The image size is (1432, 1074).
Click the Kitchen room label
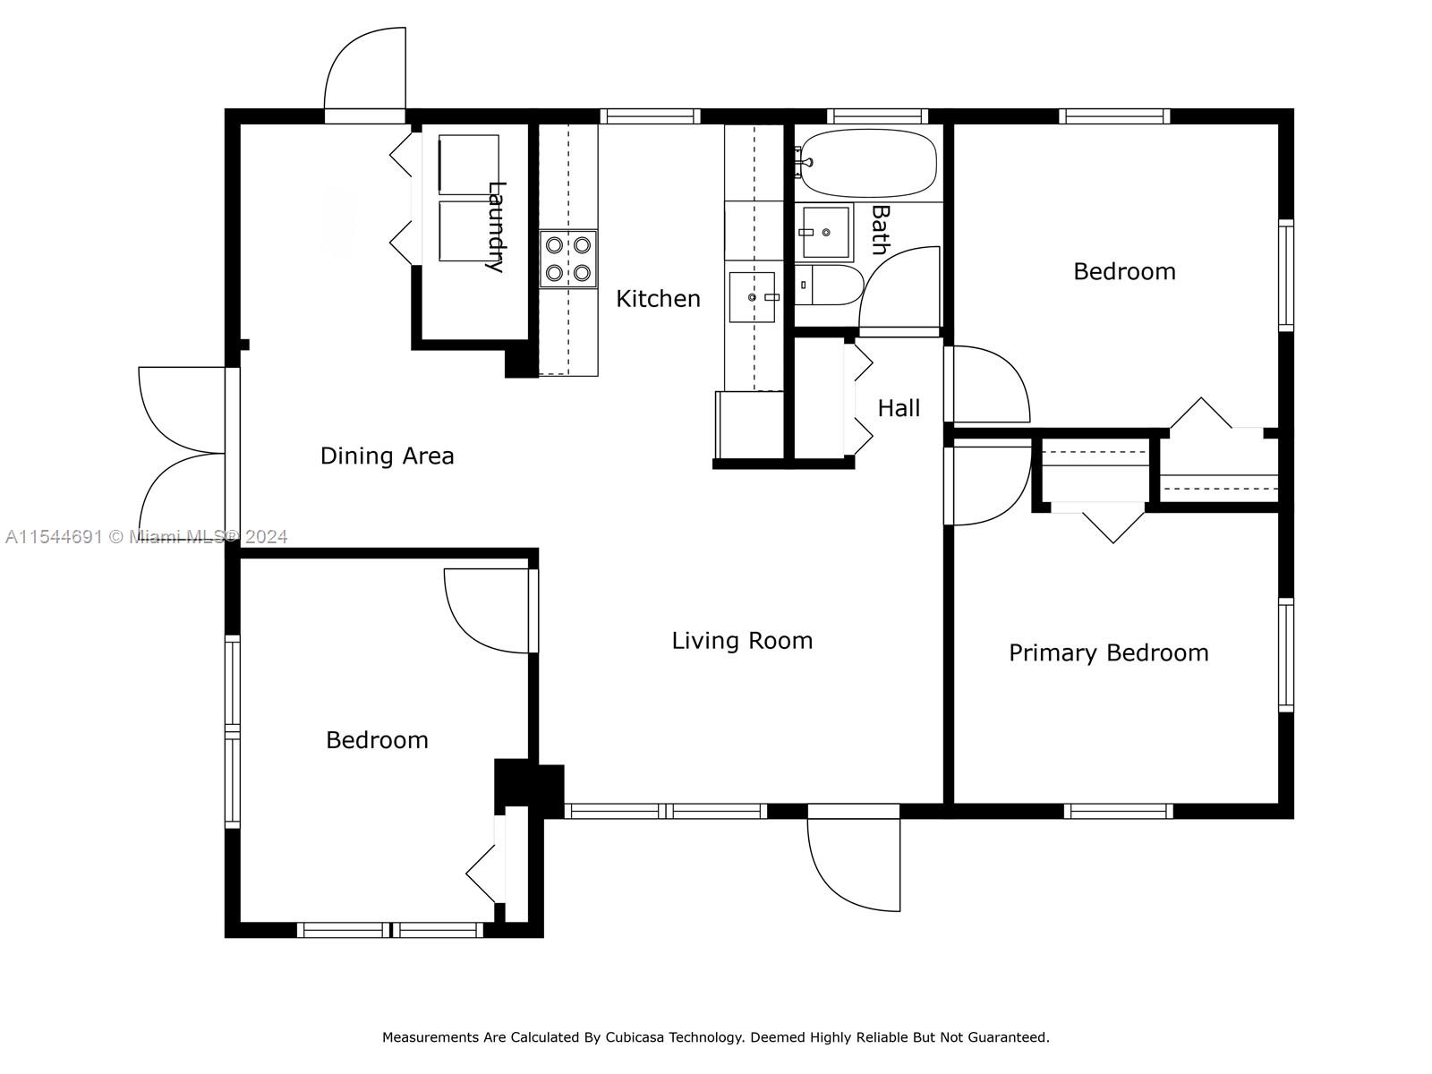pos(658,299)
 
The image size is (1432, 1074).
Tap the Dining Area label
pos(387,456)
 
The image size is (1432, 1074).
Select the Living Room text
pos(743,641)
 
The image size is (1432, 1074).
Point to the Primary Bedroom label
pos(1108,653)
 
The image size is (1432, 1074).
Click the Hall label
pos(899,408)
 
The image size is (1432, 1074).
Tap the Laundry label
pos(497,227)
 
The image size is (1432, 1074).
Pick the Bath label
pos(880,230)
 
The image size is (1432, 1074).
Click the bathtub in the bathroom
pos(867,163)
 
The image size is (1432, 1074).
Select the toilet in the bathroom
pos(828,285)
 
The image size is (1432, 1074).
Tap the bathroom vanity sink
pos(824,232)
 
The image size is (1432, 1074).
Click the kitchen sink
pos(752,297)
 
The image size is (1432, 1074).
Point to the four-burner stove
pos(568,259)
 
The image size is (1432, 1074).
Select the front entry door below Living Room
pos(853,857)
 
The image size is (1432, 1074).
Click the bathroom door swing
pos(899,292)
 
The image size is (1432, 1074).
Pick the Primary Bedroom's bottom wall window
pos(1118,811)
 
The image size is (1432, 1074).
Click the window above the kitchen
pos(650,116)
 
